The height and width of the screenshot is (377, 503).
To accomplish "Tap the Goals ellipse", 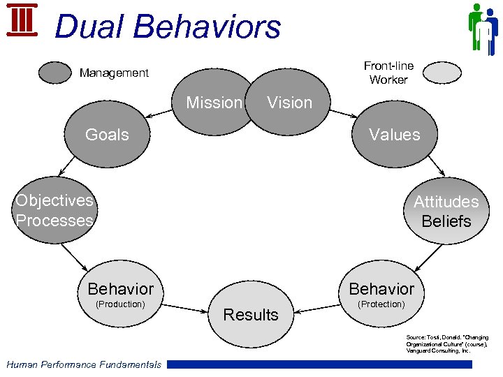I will click(x=107, y=135).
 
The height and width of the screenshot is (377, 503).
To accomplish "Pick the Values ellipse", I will click(x=395, y=135).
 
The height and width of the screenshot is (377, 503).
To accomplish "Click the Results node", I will click(x=251, y=315).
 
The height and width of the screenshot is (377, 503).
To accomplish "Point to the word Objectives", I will click(x=54, y=200).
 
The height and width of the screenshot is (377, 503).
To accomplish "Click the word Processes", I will click(x=54, y=221).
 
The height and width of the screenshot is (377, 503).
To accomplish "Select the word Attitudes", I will click(x=446, y=202).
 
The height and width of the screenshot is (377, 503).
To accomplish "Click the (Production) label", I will click(x=120, y=304).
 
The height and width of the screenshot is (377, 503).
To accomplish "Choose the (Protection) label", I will click(x=381, y=304).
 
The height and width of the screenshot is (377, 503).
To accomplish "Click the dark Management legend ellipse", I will click(x=56, y=73).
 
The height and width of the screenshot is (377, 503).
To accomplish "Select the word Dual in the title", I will click(x=88, y=27).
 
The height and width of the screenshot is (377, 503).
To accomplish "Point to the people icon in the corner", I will click(x=482, y=28).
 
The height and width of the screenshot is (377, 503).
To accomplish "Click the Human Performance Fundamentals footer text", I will click(x=83, y=364).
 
